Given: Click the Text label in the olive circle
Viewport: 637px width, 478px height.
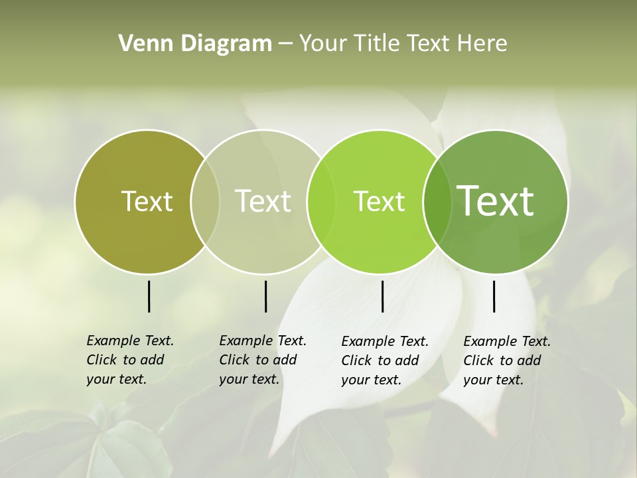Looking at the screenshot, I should click(147, 201).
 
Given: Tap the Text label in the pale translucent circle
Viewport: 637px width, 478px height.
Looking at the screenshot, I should click(263, 201).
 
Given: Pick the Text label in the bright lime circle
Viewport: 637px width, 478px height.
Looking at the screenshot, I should click(379, 201).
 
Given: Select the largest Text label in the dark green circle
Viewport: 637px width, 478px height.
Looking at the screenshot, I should click(495, 201).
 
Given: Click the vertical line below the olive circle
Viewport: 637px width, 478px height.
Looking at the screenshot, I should click(149, 296).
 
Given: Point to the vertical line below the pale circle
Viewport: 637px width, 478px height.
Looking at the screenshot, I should click(265, 296).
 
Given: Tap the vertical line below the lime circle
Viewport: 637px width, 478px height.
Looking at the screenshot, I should click(382, 296).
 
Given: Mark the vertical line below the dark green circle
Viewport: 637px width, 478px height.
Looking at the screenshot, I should click(494, 296).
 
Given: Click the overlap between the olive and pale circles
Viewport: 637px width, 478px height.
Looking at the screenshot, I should click(205, 201).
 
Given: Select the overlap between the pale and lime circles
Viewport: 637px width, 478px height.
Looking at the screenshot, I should click(321, 201).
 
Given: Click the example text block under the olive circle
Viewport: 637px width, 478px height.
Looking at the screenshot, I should click(130, 360).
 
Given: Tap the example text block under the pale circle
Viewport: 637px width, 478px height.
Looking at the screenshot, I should click(263, 360).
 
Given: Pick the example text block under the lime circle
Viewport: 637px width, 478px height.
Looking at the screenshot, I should click(385, 360).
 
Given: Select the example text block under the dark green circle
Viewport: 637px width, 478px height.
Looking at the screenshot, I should click(507, 360).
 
